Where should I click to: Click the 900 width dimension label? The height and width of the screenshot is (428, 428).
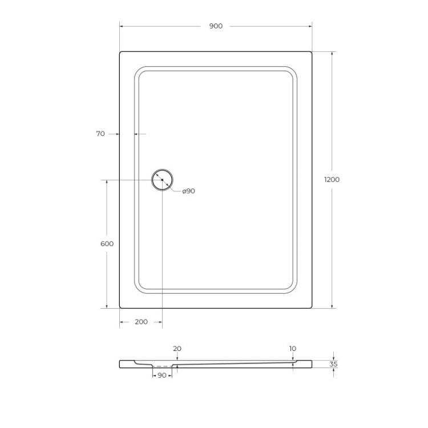click(216, 26)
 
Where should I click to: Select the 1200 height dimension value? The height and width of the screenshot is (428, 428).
click(332, 180)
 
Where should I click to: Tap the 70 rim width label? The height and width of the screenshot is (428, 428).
click(100, 134)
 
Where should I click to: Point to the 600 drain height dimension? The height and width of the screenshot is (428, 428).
click(107, 244)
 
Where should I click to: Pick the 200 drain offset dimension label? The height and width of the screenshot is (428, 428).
click(141, 322)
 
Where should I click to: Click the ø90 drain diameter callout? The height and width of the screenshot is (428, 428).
click(188, 191)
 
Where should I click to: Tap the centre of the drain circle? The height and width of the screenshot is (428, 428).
click(162, 180)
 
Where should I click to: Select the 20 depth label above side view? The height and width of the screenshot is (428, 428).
click(177, 349)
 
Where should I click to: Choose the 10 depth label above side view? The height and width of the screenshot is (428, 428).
click(293, 349)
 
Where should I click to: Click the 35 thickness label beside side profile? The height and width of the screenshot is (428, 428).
click(334, 364)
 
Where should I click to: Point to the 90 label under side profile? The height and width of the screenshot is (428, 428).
click(161, 375)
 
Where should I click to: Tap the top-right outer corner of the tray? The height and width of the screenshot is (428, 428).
click(311, 53)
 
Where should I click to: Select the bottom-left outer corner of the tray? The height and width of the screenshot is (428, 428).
click(120, 307)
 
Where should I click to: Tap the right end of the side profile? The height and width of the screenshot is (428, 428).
click(312, 364)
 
